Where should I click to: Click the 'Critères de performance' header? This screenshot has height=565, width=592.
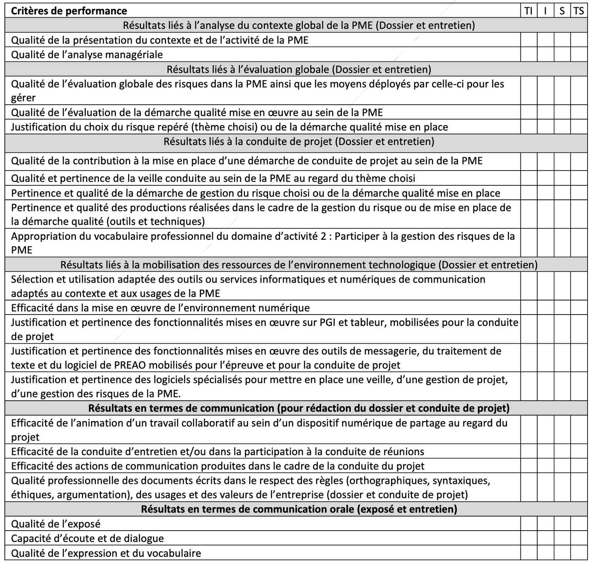coord(69,11)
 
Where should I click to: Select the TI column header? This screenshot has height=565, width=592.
coord(529,11)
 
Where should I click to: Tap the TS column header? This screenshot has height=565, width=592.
coord(579,11)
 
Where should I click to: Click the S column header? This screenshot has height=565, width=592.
coord(562,11)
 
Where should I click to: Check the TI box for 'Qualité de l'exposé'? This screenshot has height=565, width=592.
coord(529,524)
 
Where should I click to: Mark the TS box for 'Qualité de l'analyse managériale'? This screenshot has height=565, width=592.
coord(579,54)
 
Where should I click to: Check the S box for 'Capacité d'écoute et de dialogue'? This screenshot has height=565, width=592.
coord(562,538)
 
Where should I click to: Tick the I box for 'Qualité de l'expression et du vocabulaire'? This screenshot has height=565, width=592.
coord(545,553)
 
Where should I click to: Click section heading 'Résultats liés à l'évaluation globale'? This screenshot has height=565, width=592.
coord(299,69)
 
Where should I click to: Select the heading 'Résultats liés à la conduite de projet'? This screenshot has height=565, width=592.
coord(299,141)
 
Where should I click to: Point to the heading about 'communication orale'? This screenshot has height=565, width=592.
coord(299,509)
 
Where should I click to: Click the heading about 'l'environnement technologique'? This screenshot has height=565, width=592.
coord(299,265)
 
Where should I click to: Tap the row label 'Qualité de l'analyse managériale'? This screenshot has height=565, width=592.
coord(87,54)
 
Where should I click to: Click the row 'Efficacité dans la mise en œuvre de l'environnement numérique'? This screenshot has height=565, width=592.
coord(160,308)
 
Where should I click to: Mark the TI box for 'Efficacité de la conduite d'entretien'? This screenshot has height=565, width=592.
coord(529,451)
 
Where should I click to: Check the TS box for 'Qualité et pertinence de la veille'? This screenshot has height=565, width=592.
coord(579,178)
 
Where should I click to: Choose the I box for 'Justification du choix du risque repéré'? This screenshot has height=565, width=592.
coord(545,127)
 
